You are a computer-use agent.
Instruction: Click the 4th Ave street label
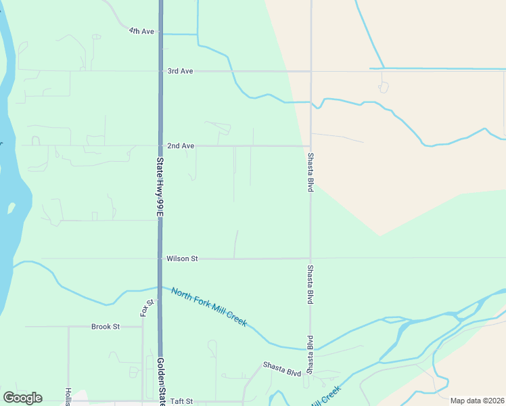(142, 31)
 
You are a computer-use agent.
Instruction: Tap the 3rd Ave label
(181, 71)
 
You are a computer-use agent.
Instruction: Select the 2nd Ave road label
(181, 145)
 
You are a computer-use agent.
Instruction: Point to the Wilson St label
(182, 258)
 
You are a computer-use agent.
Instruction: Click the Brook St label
(106, 326)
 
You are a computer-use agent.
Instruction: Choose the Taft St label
(182, 401)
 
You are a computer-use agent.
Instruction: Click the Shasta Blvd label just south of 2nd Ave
(310, 173)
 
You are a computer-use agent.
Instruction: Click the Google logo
(22, 398)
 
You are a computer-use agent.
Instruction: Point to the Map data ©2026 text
(477, 401)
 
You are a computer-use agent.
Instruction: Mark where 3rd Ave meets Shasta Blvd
(310, 71)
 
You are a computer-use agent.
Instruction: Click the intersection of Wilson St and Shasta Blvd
(310, 258)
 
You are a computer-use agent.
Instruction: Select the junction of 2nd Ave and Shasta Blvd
(310, 145)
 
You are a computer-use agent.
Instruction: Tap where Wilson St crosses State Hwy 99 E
(160, 258)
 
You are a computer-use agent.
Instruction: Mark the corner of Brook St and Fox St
(143, 326)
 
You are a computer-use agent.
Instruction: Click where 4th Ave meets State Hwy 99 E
(160, 32)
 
